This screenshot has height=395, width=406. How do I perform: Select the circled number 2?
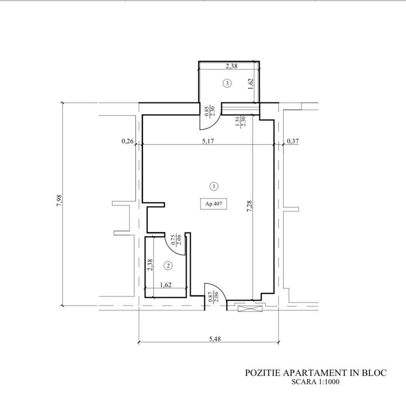pyautogui.click(x=168, y=266)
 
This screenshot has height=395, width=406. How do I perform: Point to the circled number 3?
pyautogui.click(x=227, y=83)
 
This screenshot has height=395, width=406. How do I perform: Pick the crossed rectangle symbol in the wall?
pyautogui.click(x=251, y=308)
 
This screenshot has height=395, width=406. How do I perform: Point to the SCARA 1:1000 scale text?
pyautogui.click(x=315, y=382)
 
